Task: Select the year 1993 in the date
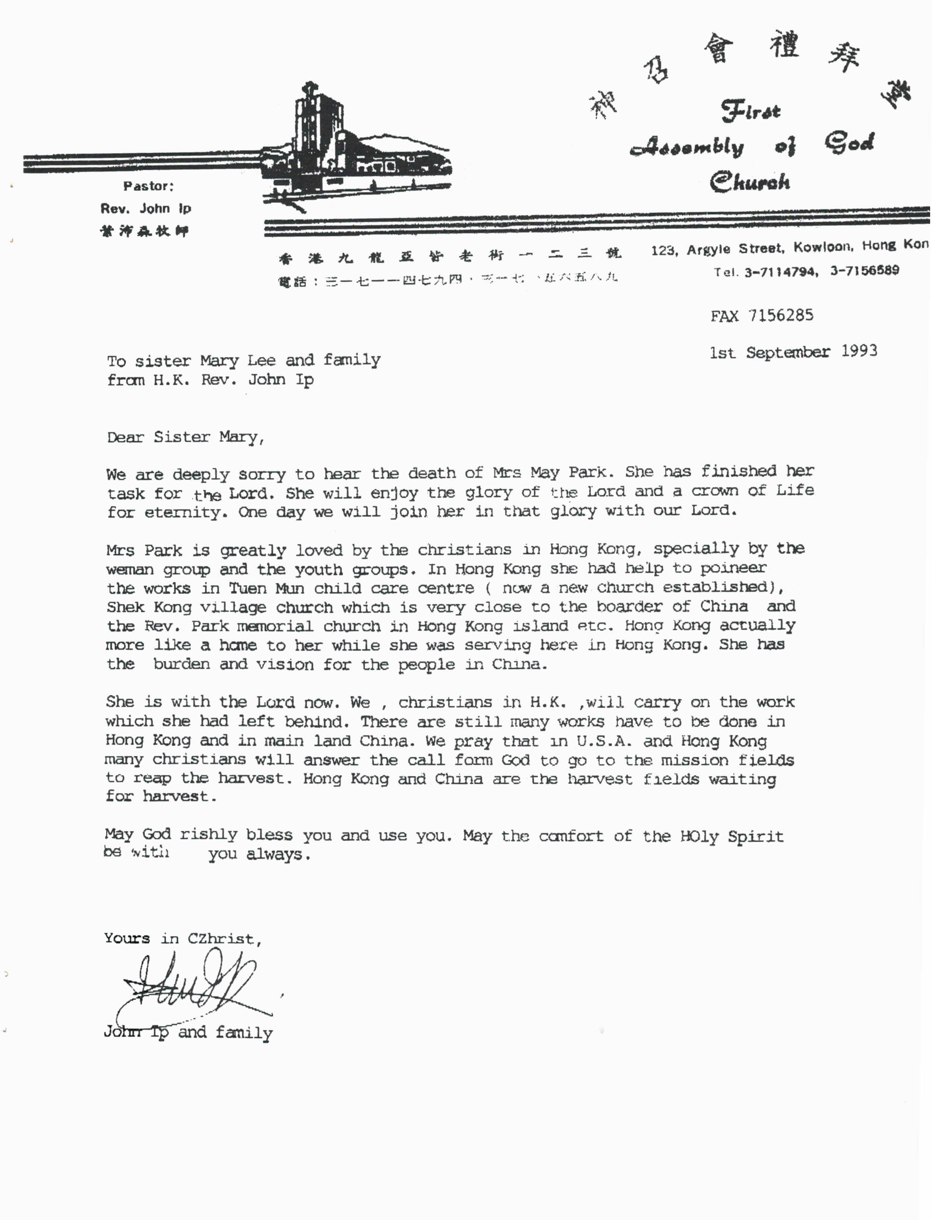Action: coord(859,351)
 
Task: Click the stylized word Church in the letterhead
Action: coord(749,181)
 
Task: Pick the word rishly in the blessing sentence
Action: coord(209,834)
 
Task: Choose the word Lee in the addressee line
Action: coord(261,361)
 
